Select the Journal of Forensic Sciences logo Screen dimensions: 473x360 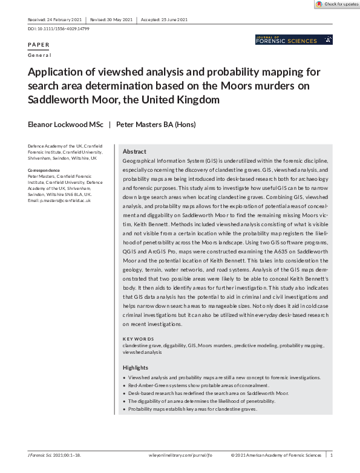click(294, 40)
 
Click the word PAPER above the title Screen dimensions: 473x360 click(39, 45)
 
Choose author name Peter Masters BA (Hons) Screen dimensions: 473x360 click(156, 125)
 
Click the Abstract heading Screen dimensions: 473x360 click(134, 151)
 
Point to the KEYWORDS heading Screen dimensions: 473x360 click(139, 339)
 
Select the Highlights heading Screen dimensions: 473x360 click(136, 368)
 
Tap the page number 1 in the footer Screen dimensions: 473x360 click(331, 454)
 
